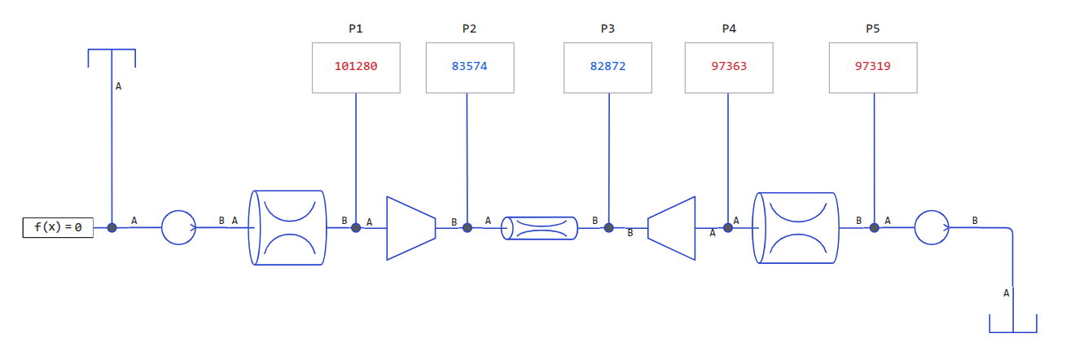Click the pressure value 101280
[x=356, y=67]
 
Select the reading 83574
[x=470, y=67]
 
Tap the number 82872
[x=608, y=67]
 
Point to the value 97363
[x=729, y=67]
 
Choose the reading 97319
[x=873, y=67]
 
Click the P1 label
[x=356, y=29]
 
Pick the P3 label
[x=608, y=29]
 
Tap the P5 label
[x=873, y=29]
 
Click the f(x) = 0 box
[x=58, y=228]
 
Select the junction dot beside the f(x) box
[x=112, y=228]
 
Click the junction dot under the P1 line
[x=356, y=227]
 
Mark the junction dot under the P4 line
[x=728, y=227]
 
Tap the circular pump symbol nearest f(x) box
[x=178, y=227]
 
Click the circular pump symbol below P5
[x=932, y=227]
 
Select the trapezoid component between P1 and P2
[x=410, y=228]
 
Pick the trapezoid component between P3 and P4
[x=672, y=228]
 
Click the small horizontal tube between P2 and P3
[x=539, y=228]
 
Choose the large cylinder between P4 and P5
[x=797, y=228]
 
